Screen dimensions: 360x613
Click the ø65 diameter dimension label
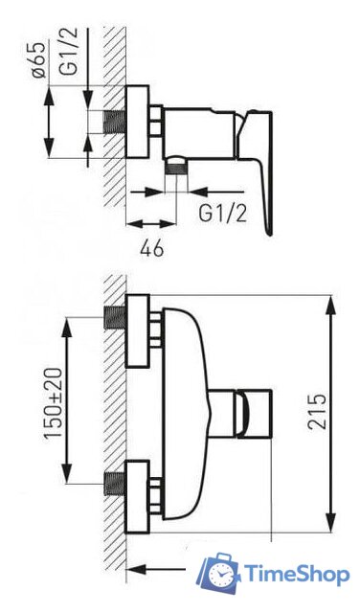(39, 59)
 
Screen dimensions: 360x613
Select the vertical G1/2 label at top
(68, 51)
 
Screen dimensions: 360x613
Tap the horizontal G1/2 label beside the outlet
(223, 214)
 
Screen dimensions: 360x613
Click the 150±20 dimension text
(54, 402)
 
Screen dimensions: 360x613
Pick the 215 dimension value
(317, 412)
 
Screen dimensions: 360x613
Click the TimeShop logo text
(297, 575)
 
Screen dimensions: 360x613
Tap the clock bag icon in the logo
(220, 573)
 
